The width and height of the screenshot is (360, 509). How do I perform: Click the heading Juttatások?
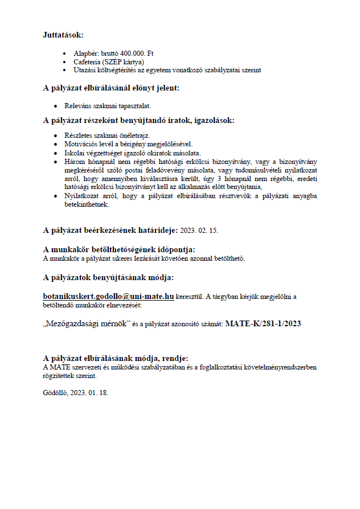coord(63,35)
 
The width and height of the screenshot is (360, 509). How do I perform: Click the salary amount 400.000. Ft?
coord(137,54)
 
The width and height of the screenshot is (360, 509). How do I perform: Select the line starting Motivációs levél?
coord(128,144)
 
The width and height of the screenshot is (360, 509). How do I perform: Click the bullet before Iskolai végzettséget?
coord(55,153)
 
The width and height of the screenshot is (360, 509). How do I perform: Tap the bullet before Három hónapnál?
coord(55,162)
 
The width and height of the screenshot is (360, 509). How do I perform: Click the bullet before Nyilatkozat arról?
coord(55,196)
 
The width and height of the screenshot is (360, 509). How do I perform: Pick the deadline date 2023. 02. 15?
coord(199,231)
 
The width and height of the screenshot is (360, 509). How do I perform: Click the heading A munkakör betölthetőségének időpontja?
coord(119,249)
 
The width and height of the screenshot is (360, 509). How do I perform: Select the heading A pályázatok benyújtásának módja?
coord(108,278)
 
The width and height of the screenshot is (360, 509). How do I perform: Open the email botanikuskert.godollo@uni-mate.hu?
coord(108,297)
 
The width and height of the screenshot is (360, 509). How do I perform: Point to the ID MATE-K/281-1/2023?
coord(263,324)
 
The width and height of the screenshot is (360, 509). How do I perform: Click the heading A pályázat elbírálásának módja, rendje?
coord(116,358)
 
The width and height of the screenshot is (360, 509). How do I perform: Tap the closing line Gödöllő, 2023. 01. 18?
coord(76,393)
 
